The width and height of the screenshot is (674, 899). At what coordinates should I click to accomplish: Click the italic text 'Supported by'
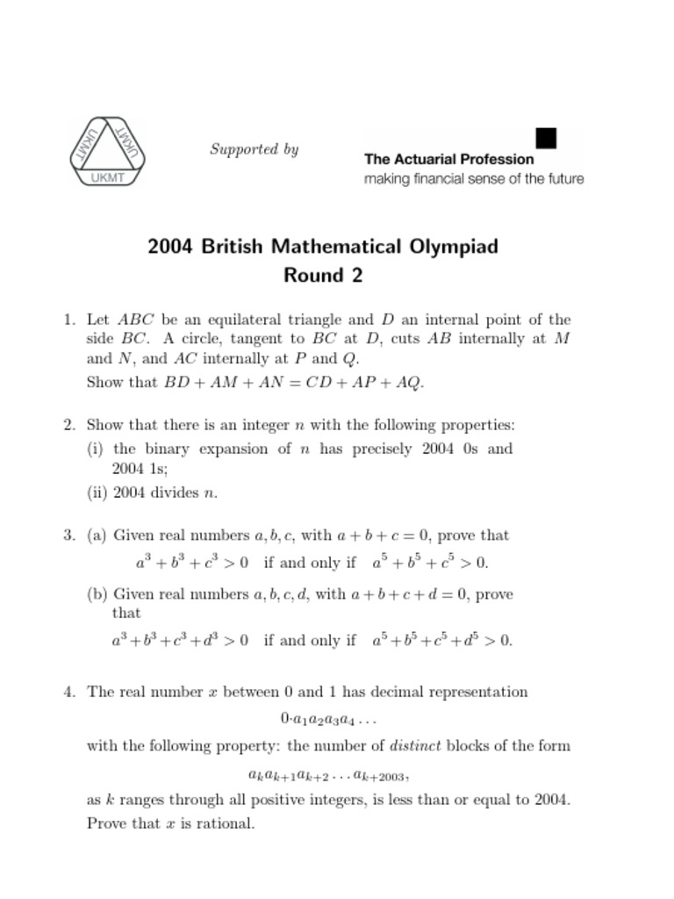tap(254, 149)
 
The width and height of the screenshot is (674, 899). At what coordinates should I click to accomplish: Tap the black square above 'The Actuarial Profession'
tap(546, 138)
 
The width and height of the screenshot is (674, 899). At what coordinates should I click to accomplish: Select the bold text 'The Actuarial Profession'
tap(448, 160)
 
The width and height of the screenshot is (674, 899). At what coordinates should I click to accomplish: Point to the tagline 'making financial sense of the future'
tap(473, 179)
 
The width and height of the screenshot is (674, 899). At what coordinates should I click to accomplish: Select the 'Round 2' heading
tap(322, 276)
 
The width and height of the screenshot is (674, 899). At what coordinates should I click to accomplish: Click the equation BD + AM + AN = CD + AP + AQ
tap(294, 382)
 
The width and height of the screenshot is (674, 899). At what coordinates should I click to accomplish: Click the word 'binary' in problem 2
tap(169, 449)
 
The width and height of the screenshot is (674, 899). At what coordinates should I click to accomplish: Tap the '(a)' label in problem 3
tap(97, 536)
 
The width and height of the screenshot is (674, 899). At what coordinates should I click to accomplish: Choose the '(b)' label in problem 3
tap(97, 594)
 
